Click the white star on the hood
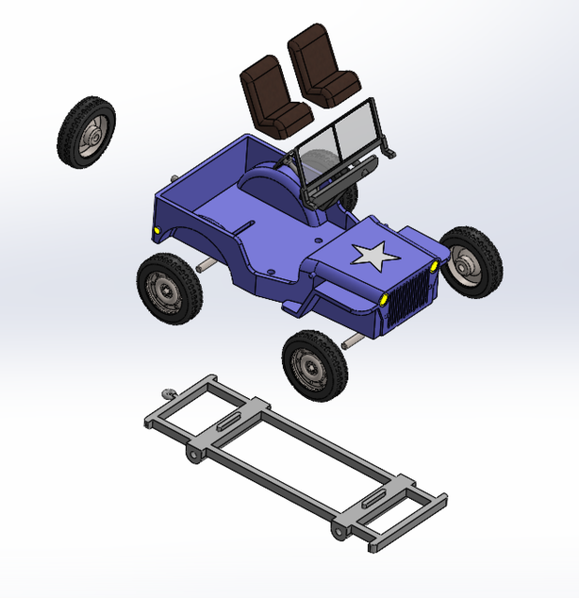pyautogui.click(x=374, y=254)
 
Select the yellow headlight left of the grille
pyautogui.click(x=384, y=299)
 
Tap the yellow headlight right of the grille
pyautogui.click(x=434, y=266)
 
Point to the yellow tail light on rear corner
pyautogui.click(x=158, y=230)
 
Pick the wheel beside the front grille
pyautogui.click(x=471, y=262)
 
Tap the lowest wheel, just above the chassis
pyautogui.click(x=316, y=364)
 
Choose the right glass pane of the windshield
pyautogui.click(x=355, y=131)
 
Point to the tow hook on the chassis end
pyautogui.click(x=168, y=393)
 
